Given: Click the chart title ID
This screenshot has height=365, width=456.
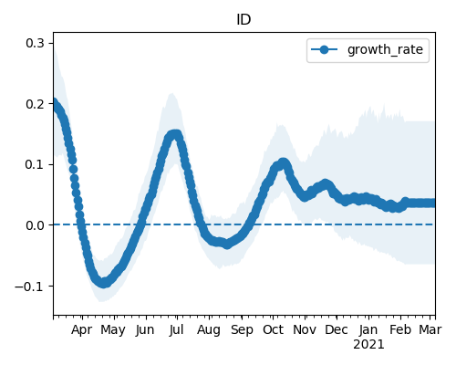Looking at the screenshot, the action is tap(244, 20).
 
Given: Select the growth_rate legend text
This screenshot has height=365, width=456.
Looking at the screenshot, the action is tap(385, 49).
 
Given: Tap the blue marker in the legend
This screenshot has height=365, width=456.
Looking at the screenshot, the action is tap(324, 49).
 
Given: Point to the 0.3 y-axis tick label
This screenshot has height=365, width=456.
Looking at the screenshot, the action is tap(35, 43).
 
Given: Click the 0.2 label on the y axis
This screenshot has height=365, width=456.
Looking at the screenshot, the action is tap(35, 104).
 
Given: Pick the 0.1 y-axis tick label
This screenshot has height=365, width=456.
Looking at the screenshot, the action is tap(35, 164).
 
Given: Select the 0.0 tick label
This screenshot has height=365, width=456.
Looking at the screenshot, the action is tap(35, 225).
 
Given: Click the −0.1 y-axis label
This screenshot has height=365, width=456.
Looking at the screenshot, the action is tap(29, 287).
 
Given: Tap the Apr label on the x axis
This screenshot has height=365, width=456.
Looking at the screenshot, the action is tap(81, 330).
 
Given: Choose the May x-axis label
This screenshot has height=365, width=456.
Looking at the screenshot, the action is tap(113, 330).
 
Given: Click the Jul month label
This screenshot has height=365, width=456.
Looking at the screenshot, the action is tap(176, 329).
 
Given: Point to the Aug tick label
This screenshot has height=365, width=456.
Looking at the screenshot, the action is tap(209, 330).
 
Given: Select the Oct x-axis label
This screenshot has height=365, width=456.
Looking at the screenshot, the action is tap(273, 329).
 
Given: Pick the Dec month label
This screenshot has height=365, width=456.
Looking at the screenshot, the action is tap(337, 329).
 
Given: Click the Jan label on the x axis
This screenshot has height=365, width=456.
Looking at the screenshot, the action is tap(368, 329).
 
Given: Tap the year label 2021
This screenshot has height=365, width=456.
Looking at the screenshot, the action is tap(368, 345).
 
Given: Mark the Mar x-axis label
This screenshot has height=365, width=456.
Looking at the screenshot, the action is tap(430, 329).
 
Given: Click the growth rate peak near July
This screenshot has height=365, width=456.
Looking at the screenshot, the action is tap(174, 134).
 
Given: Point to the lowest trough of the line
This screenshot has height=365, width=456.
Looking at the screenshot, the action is tap(104, 283).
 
